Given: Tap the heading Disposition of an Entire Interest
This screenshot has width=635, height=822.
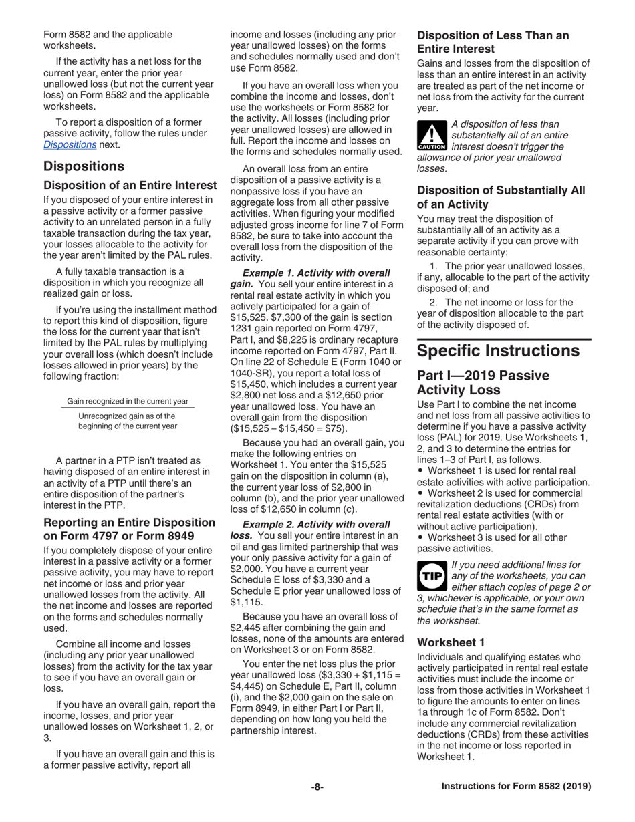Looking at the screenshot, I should tap(130, 184).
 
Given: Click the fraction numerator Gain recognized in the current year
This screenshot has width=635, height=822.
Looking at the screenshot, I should tap(128, 402).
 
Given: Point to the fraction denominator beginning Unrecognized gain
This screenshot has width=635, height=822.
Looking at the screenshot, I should tap(128, 420).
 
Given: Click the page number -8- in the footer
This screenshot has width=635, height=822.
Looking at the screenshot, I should tap(317, 787).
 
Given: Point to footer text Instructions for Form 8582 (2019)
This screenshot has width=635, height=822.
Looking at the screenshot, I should tap(516, 787).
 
